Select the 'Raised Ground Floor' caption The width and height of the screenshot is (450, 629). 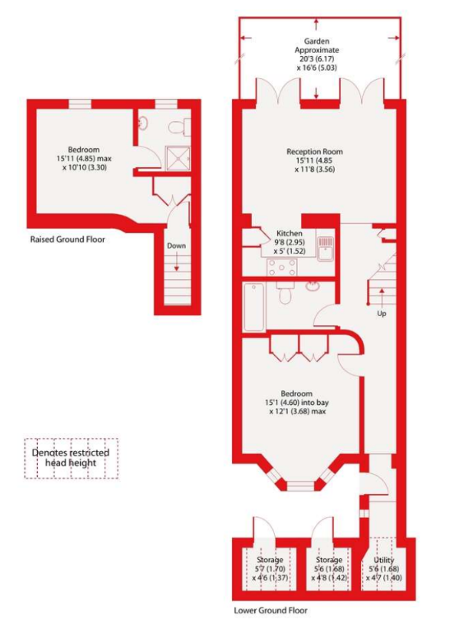(67, 240)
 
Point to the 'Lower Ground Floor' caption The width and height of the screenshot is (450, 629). (271, 611)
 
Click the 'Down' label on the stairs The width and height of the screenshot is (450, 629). (176, 245)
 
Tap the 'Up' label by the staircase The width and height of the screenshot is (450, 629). (382, 314)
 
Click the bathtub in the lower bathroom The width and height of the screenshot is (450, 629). (254, 307)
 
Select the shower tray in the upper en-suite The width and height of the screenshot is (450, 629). (179, 158)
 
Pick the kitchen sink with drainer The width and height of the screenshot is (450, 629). (326, 249)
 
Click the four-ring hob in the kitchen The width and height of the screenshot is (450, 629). (282, 268)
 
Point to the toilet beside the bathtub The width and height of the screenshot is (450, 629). (285, 293)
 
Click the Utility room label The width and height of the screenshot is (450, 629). (383, 569)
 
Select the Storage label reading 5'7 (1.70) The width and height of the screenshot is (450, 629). (270, 569)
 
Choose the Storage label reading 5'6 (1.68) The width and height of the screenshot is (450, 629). (329, 569)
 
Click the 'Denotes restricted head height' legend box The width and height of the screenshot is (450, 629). (71, 458)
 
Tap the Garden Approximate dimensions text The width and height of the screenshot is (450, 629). (317, 54)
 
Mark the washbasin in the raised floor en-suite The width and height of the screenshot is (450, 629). (143, 123)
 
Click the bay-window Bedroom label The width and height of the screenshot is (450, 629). (297, 403)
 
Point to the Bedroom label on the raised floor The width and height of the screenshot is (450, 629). (84, 158)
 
